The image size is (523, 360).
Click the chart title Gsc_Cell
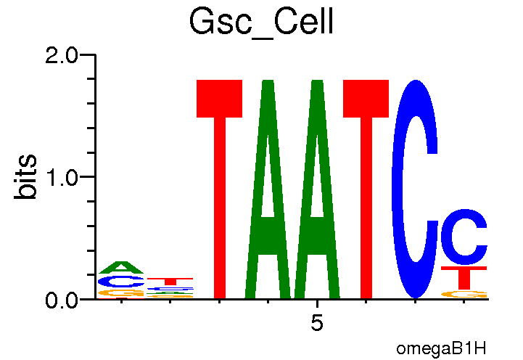(260, 22)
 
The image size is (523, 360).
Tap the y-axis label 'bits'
(27, 176)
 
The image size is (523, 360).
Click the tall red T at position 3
(220, 189)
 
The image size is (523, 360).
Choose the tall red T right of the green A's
(366, 189)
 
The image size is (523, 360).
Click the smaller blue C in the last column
(464, 237)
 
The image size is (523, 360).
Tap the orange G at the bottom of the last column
(464, 294)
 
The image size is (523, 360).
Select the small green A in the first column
(122, 267)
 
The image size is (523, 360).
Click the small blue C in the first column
(120, 281)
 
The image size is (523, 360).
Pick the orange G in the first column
(120, 292)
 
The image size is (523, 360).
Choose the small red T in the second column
(170, 280)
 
